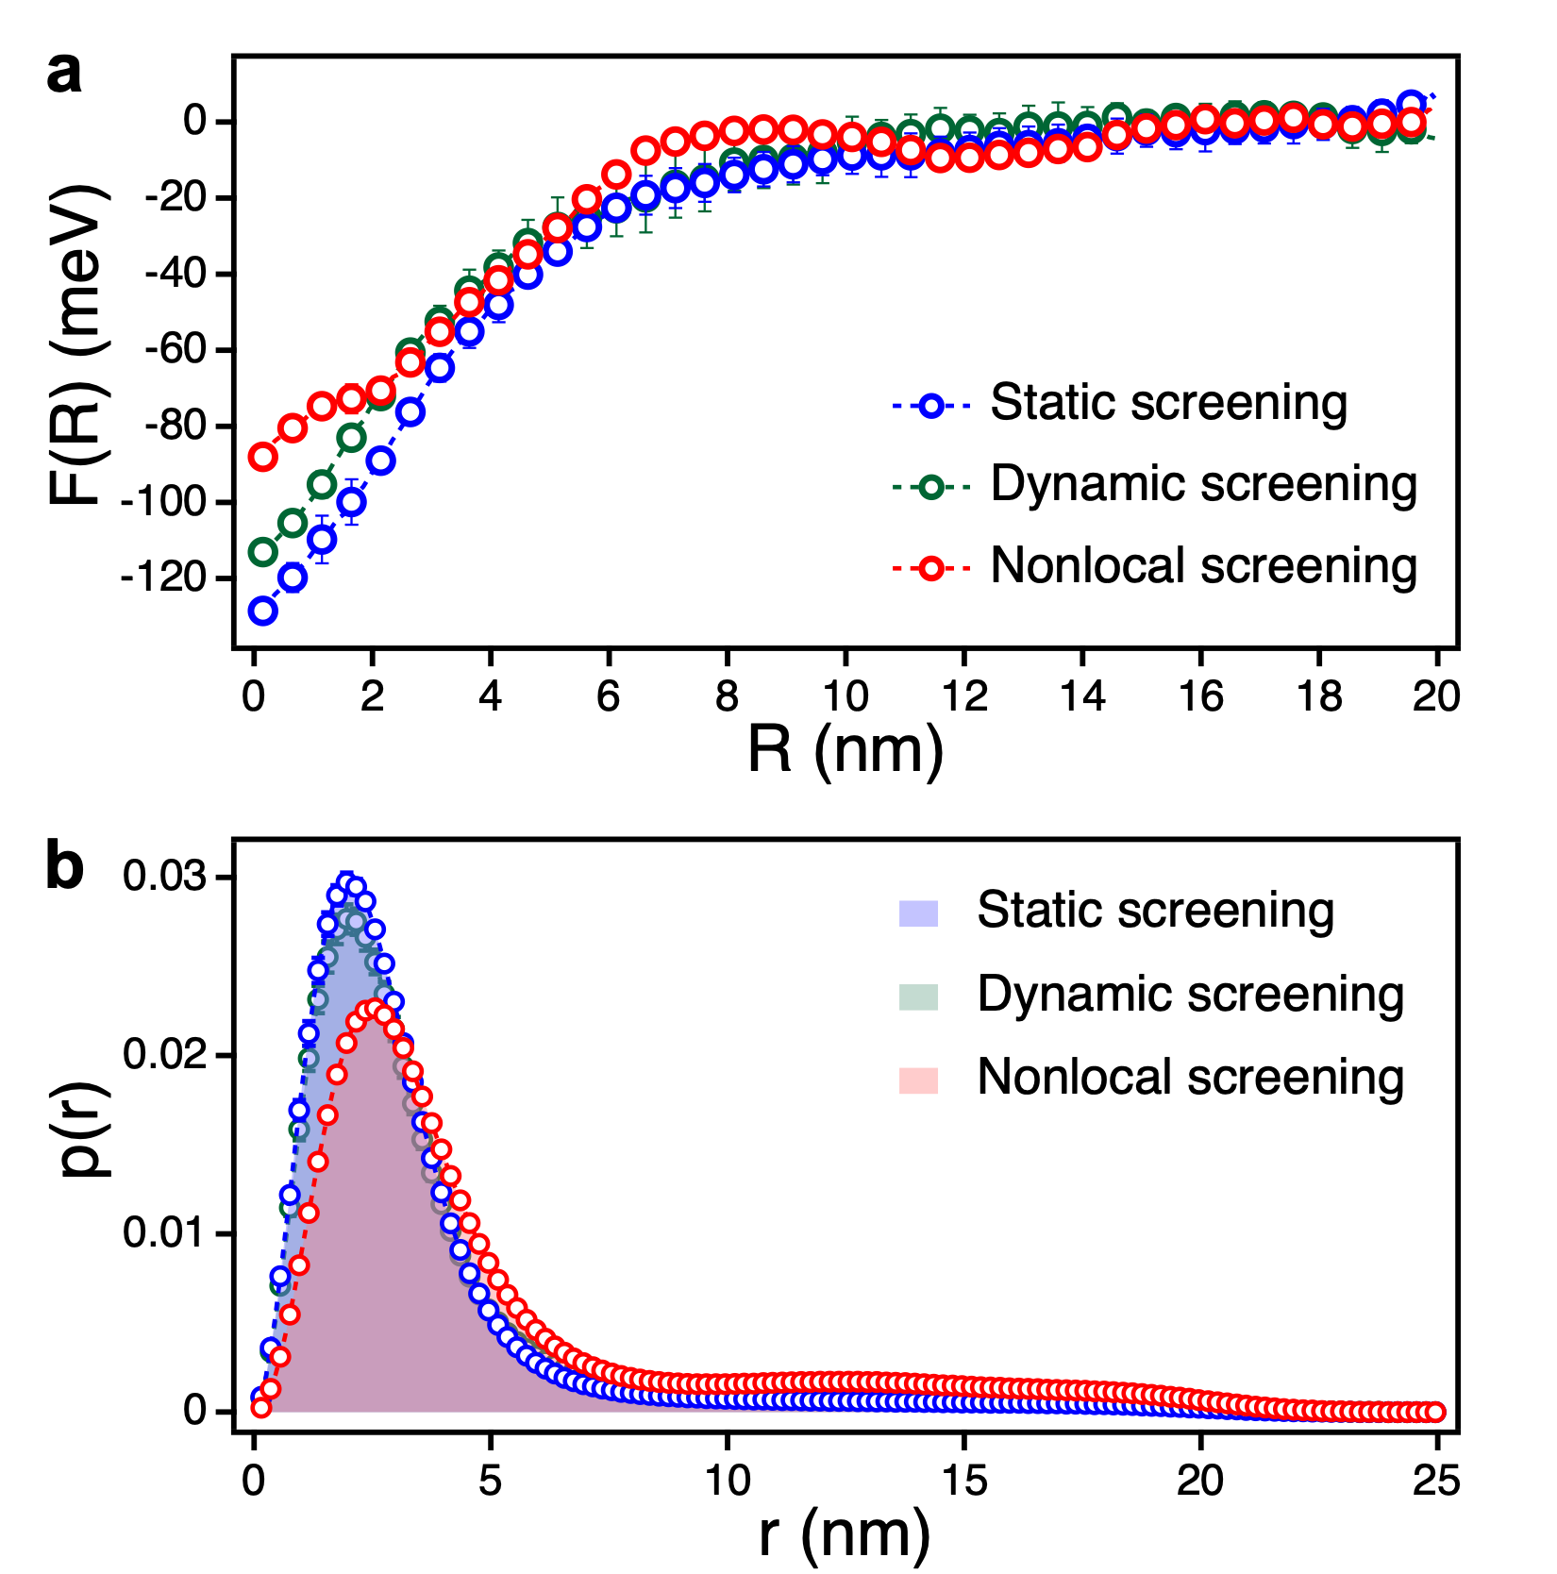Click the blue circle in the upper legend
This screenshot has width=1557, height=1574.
coord(931,406)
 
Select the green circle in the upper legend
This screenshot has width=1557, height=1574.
coord(931,487)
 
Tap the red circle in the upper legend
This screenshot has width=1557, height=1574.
coord(931,568)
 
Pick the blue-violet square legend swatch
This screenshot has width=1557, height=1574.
coord(918,913)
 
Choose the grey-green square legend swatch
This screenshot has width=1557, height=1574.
coord(918,996)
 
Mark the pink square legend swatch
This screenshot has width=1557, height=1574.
coord(918,1080)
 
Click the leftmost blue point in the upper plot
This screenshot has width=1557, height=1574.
coord(262,611)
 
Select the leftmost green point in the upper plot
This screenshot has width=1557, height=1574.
coord(262,552)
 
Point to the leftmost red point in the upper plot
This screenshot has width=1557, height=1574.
coord(262,457)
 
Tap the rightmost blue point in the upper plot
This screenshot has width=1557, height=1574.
coord(1411,104)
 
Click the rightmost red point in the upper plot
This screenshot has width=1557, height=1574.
coord(1411,122)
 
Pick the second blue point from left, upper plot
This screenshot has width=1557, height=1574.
coord(293,577)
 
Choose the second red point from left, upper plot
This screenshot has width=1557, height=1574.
coord(293,428)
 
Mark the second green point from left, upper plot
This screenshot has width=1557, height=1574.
coord(293,522)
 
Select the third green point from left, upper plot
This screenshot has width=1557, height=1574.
coord(322,484)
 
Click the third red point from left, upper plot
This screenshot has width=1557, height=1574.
coord(322,406)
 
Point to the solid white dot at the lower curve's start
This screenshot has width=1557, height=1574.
coord(253,1412)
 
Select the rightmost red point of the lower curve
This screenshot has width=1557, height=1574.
coord(1434,1412)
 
